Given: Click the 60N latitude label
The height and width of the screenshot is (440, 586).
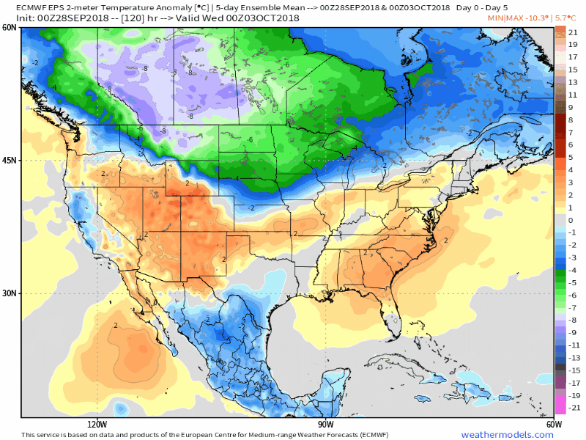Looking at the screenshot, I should pos(10,27).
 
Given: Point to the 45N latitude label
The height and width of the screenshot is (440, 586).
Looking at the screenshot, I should pos(10,161).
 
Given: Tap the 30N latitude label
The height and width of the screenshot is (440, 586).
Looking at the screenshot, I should pos(10,293).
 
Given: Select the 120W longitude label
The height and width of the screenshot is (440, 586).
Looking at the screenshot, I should pos(97,424).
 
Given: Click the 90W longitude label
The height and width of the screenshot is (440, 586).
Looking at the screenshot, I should pos(325,424).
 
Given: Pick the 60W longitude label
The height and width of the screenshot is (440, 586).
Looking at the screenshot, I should pos(554,424).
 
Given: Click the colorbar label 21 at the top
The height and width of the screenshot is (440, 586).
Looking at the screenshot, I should pos(574,33).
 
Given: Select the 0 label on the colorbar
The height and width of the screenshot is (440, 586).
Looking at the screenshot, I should pos(571,220).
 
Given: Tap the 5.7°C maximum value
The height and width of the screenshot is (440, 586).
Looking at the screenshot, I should pos(565,16).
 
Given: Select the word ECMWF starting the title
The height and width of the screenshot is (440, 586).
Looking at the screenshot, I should pos(31,6).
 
